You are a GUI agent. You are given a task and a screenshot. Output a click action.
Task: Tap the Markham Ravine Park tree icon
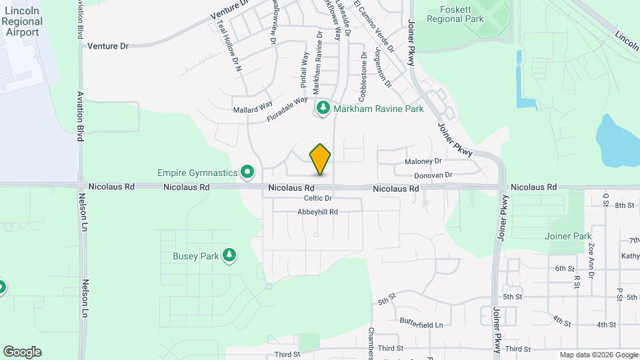coord(323,108)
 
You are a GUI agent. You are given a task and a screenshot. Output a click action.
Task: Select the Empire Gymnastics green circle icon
coord(248,173)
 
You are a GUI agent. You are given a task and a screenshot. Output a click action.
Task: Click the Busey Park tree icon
coord(229,255)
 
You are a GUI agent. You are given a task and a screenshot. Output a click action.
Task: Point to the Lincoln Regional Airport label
coord(22,21)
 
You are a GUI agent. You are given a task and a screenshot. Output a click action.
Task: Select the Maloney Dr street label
coord(423,161)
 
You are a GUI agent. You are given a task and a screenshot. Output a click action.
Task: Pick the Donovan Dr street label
coord(433,175)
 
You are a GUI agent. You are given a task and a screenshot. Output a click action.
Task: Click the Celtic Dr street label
coord(318,198)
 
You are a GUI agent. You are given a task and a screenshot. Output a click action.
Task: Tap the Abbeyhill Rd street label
coord(318,212)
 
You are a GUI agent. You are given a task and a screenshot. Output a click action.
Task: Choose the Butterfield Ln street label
coord(421,324)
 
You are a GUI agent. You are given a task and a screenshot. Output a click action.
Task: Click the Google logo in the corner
coord(22,352)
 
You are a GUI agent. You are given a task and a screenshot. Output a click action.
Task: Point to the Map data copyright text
coord(597,355)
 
